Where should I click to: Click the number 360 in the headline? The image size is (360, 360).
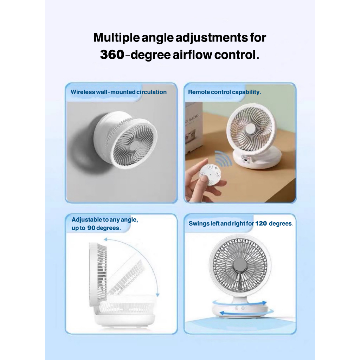(112, 54)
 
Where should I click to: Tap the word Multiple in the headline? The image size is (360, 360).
(117, 38)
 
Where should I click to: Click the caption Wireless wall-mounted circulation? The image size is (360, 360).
(119, 92)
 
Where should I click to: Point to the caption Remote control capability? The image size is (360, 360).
(225, 92)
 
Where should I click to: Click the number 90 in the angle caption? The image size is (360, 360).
(91, 228)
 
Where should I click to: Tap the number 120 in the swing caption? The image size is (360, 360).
(261, 223)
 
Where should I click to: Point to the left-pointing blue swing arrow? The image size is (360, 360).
(246, 312)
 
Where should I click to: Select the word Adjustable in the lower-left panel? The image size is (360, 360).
(87, 220)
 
